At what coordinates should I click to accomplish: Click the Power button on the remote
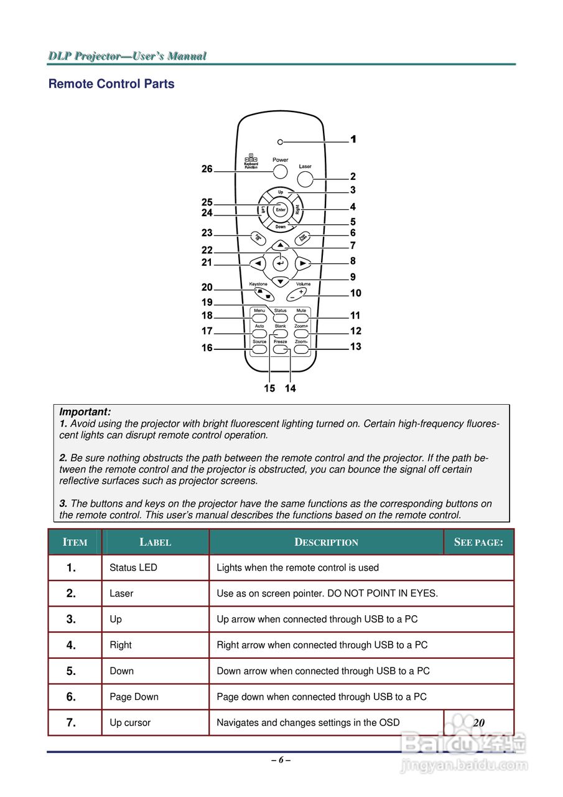pyautogui.click(x=280, y=171)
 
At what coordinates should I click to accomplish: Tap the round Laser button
pyautogui.click(x=305, y=179)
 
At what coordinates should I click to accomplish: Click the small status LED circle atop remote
pyautogui.click(x=280, y=142)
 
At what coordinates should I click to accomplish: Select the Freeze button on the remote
pyautogui.click(x=281, y=350)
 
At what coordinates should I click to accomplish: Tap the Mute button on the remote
pyautogui.click(x=301, y=318)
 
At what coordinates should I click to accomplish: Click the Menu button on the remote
pyautogui.click(x=259, y=318)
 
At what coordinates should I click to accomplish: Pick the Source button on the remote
pyautogui.click(x=259, y=350)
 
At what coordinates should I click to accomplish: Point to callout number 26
pyautogui.click(x=207, y=169)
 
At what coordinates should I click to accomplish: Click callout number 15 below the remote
pyautogui.click(x=269, y=389)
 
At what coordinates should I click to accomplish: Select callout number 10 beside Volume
pyautogui.click(x=356, y=293)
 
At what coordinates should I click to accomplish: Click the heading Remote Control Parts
pyautogui.click(x=111, y=84)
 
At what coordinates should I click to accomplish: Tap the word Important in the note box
pyautogui.click(x=85, y=412)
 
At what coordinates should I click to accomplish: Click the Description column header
pyautogui.click(x=326, y=542)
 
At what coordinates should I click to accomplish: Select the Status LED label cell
pyautogui.click(x=133, y=568)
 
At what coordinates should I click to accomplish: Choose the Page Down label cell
pyautogui.click(x=134, y=697)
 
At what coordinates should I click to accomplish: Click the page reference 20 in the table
pyautogui.click(x=478, y=723)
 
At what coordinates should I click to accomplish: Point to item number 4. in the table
pyautogui.click(x=72, y=645)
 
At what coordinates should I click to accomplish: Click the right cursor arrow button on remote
pyautogui.click(x=302, y=263)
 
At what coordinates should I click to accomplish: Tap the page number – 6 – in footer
pyautogui.click(x=281, y=760)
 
